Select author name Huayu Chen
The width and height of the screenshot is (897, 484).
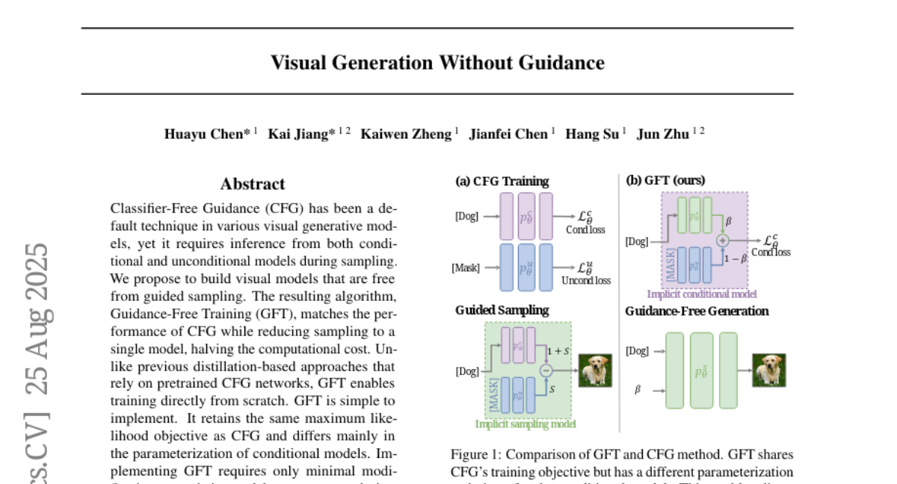point(208,134)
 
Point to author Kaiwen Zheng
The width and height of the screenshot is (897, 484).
point(406,134)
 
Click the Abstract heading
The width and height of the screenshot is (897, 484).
point(253,184)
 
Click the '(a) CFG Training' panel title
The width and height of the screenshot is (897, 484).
point(502,181)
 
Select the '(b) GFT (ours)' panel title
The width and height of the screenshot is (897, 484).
point(665,181)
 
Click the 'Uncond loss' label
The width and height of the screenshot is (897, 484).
point(588,280)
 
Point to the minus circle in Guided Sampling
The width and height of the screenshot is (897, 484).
point(545,369)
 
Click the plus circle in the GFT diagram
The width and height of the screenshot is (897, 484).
point(722,241)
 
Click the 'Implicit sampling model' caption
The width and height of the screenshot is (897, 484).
point(525,424)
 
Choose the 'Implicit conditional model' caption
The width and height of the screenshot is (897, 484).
point(702,294)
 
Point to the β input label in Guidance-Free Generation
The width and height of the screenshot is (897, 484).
point(638,389)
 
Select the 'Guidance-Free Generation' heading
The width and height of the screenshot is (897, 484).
point(697,311)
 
